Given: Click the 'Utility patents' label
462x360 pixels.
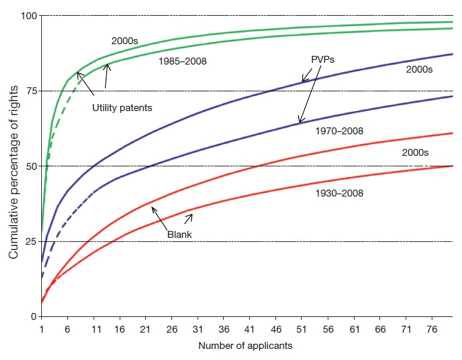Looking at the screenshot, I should (121, 108).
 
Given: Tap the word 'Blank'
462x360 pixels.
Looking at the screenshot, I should (180, 234).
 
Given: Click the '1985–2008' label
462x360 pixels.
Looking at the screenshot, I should (182, 60).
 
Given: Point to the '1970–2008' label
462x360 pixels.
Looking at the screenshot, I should (339, 131).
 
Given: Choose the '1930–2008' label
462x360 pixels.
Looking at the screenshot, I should (339, 193).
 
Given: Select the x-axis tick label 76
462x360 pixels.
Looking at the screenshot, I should (432, 329).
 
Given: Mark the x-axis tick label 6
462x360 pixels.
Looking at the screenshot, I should (68, 329).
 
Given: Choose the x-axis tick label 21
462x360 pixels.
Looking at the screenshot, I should (145, 329).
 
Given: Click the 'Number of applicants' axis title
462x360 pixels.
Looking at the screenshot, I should (245, 346).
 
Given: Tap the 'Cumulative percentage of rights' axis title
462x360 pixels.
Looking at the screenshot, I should (12, 166).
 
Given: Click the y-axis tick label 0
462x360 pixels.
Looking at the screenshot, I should (33, 316).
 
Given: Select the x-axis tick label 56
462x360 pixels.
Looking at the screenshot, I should (328, 329).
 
